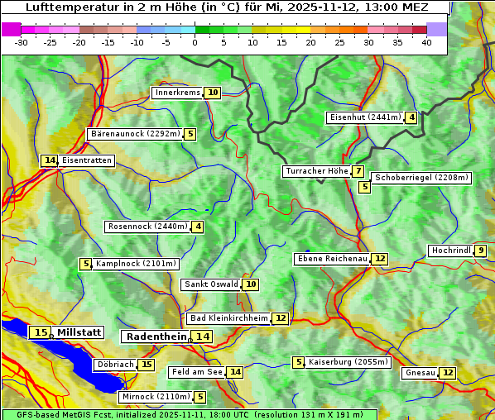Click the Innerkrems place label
coord(177,93)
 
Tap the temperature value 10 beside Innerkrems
coord(213,93)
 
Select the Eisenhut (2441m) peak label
coord(365,117)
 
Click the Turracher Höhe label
coord(316,171)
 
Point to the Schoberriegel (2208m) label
coord(421,178)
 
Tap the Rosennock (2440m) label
coord(147,227)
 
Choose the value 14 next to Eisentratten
coord(50,160)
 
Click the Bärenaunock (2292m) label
coord(133,133)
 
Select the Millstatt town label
coord(79,332)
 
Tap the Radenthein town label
coord(156,336)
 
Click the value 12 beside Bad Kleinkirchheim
coord(281,318)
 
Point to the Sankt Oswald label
coord(211,284)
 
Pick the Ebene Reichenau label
coord(332,259)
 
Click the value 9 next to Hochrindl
coord(481,251)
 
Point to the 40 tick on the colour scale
coord(426,42)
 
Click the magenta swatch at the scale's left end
coord(12,29)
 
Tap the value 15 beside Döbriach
coord(147,365)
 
